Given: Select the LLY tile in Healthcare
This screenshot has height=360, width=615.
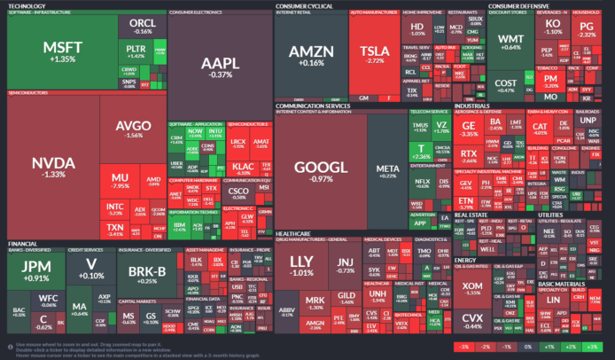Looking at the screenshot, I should coord(302,265).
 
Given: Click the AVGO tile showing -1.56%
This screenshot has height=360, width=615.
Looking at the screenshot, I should coord(133,129).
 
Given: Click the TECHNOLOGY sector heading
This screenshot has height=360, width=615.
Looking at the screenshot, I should coord(29,5).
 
